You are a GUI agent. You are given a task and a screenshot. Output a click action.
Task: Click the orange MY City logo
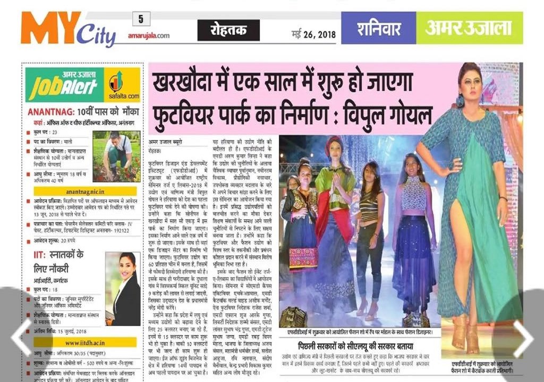(x=68, y=30)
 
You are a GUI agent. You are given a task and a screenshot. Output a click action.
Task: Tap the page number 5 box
(x=141, y=19)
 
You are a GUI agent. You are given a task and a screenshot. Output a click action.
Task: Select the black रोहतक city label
(x=229, y=30)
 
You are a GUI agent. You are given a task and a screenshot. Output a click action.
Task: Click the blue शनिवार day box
(x=378, y=28)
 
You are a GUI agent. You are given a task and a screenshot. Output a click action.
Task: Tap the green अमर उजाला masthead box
(x=469, y=28)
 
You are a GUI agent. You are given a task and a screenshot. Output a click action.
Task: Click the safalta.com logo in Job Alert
(x=122, y=84)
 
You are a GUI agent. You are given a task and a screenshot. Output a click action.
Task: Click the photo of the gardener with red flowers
(x=116, y=157)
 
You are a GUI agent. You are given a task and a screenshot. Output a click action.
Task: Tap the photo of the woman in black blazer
(x=123, y=289)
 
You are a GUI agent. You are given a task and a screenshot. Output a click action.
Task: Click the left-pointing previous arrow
(x=22, y=336)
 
